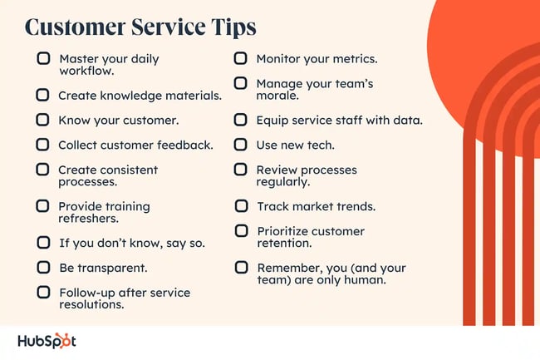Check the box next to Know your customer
pyautogui.click(x=43, y=120)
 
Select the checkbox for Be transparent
pyautogui.click(x=43, y=268)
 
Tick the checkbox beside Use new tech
pyautogui.click(x=241, y=145)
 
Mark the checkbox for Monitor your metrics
pyautogui.click(x=241, y=59)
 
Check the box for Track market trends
pyautogui.click(x=241, y=205)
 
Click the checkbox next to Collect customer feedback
pyautogui.click(x=43, y=145)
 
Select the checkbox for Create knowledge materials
pyautogui.click(x=43, y=95)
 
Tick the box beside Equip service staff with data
pyautogui.click(x=241, y=120)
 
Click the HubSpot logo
pyautogui.click(x=47, y=342)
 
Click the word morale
pyautogui.click(x=277, y=96)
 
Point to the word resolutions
pyautogui.click(x=91, y=305)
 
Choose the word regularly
pyautogui.click(x=283, y=182)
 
